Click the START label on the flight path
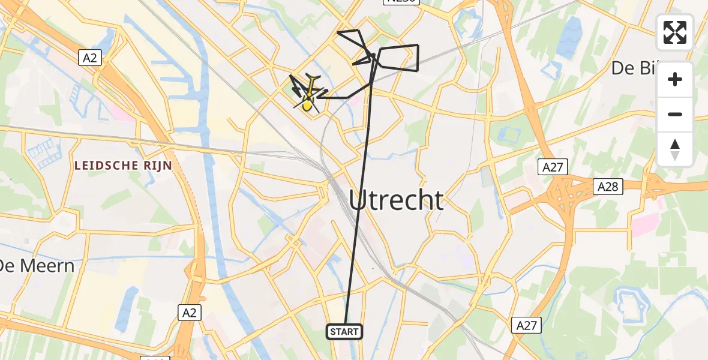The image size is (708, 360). coord(344,331)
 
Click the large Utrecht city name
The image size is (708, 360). coord(397,200)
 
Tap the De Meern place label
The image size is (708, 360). coord(36,265)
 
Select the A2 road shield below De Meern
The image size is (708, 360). coord(190,312)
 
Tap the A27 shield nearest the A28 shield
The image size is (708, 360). coord(552,167)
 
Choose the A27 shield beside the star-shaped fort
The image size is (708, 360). coord(527,325)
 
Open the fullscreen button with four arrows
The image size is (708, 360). coord(675,32)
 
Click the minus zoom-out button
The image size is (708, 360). coord(675,114)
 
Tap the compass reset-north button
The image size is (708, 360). coord(675,149)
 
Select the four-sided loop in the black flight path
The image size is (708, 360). coord(398,58)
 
